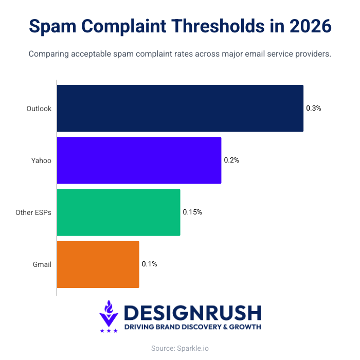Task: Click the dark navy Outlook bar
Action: coord(180,109)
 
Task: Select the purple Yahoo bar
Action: coord(139,160)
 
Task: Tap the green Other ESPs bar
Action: coord(118,212)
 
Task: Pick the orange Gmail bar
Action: coord(98,264)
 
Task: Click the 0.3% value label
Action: coord(314,109)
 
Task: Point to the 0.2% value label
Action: coord(231,160)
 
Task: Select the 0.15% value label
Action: coord(192,212)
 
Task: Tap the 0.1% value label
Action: coord(149,264)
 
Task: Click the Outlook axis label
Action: coord(39,109)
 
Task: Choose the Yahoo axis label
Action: coord(41,160)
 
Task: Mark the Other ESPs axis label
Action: coord(33,212)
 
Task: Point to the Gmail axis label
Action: coord(42,264)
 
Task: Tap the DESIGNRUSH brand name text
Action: coord(192,313)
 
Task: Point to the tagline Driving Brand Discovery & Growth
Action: coord(192,327)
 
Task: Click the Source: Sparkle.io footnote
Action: coord(180,348)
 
